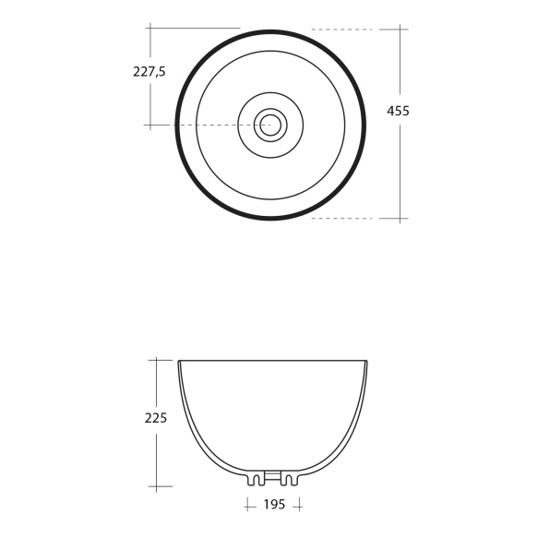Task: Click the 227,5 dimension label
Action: click(149, 72)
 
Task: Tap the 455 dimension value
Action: click(398, 111)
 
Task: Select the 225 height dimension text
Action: click(156, 417)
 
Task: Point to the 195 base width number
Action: click(274, 506)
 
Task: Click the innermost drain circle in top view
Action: click(270, 125)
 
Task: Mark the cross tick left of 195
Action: click(248, 506)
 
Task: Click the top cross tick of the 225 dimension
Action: click(158, 360)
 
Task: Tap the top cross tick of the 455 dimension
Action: click(400, 30)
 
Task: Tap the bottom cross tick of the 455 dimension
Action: click(400, 219)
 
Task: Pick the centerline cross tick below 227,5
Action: click(149, 125)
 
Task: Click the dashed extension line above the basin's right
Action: click(341, 30)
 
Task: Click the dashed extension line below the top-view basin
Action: click(341, 219)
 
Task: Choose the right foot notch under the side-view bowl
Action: click(292, 480)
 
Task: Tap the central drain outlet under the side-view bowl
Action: click(273, 478)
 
